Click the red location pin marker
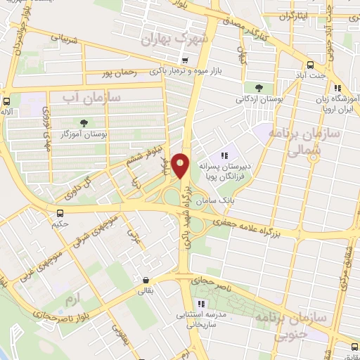[180, 166]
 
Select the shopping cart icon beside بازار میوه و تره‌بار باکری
[185, 60]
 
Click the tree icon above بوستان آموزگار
[84, 122]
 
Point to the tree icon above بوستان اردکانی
[259, 88]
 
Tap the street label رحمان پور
[117, 73]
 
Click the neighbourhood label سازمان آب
[92, 96]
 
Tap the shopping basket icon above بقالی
[145, 279]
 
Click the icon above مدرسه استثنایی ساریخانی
[200, 304]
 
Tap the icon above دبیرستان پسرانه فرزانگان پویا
[225, 155]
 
